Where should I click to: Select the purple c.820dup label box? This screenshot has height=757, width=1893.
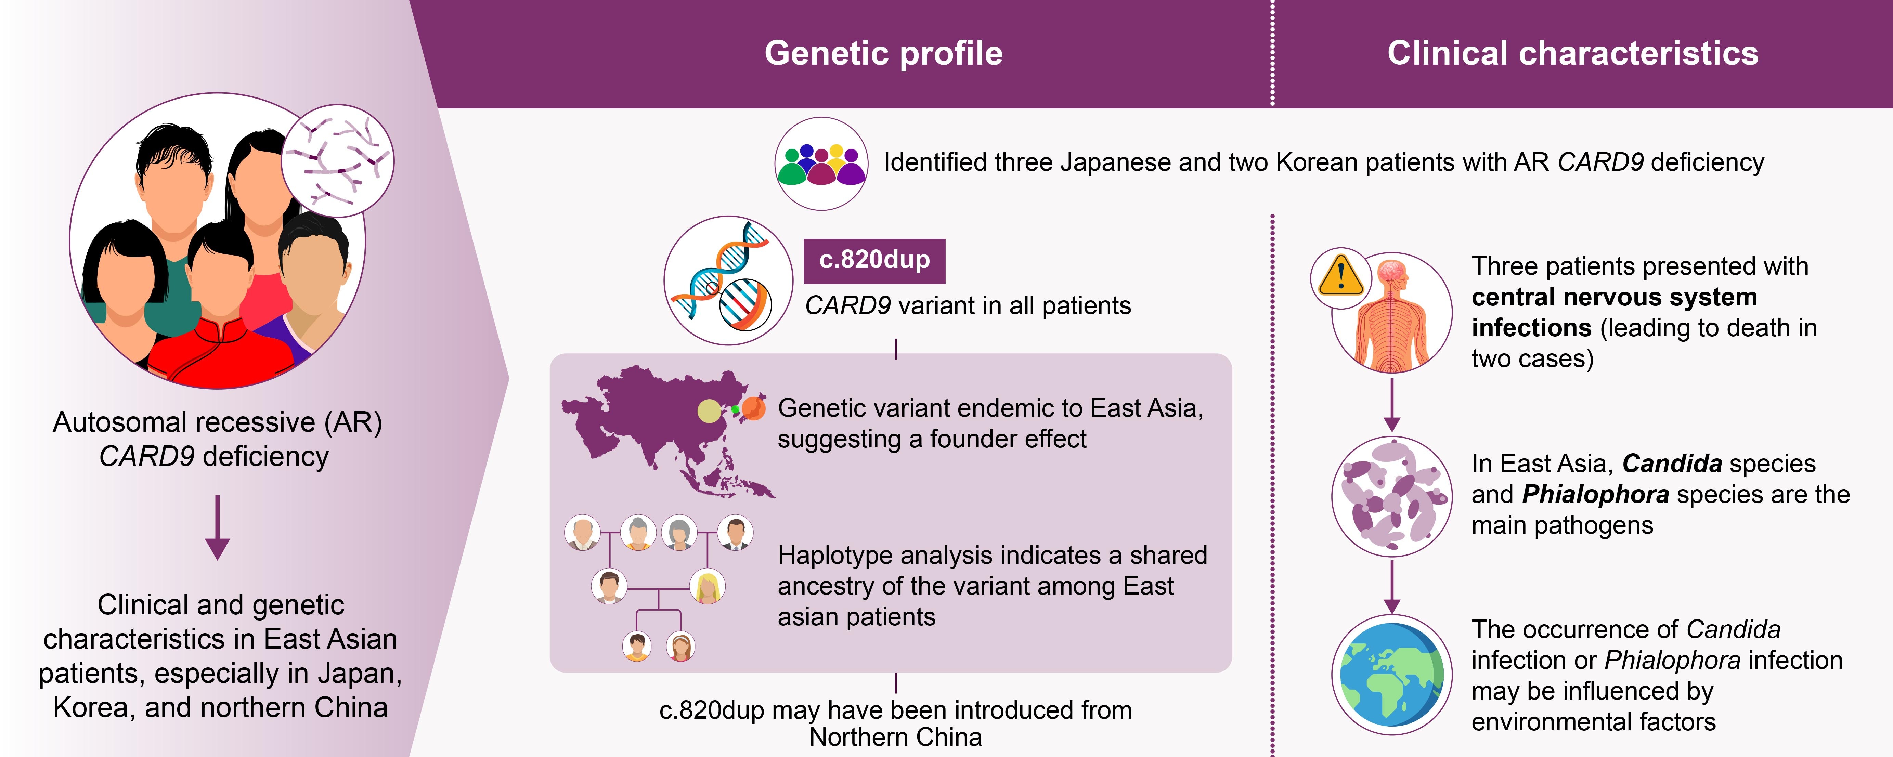[x=874, y=261]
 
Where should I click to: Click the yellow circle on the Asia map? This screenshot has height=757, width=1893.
[x=709, y=411]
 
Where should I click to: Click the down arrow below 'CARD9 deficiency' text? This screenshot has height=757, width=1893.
[x=218, y=528]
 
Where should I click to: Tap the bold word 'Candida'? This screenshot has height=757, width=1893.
[x=1672, y=464]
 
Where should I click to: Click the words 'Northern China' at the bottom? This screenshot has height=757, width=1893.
[x=896, y=737]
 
